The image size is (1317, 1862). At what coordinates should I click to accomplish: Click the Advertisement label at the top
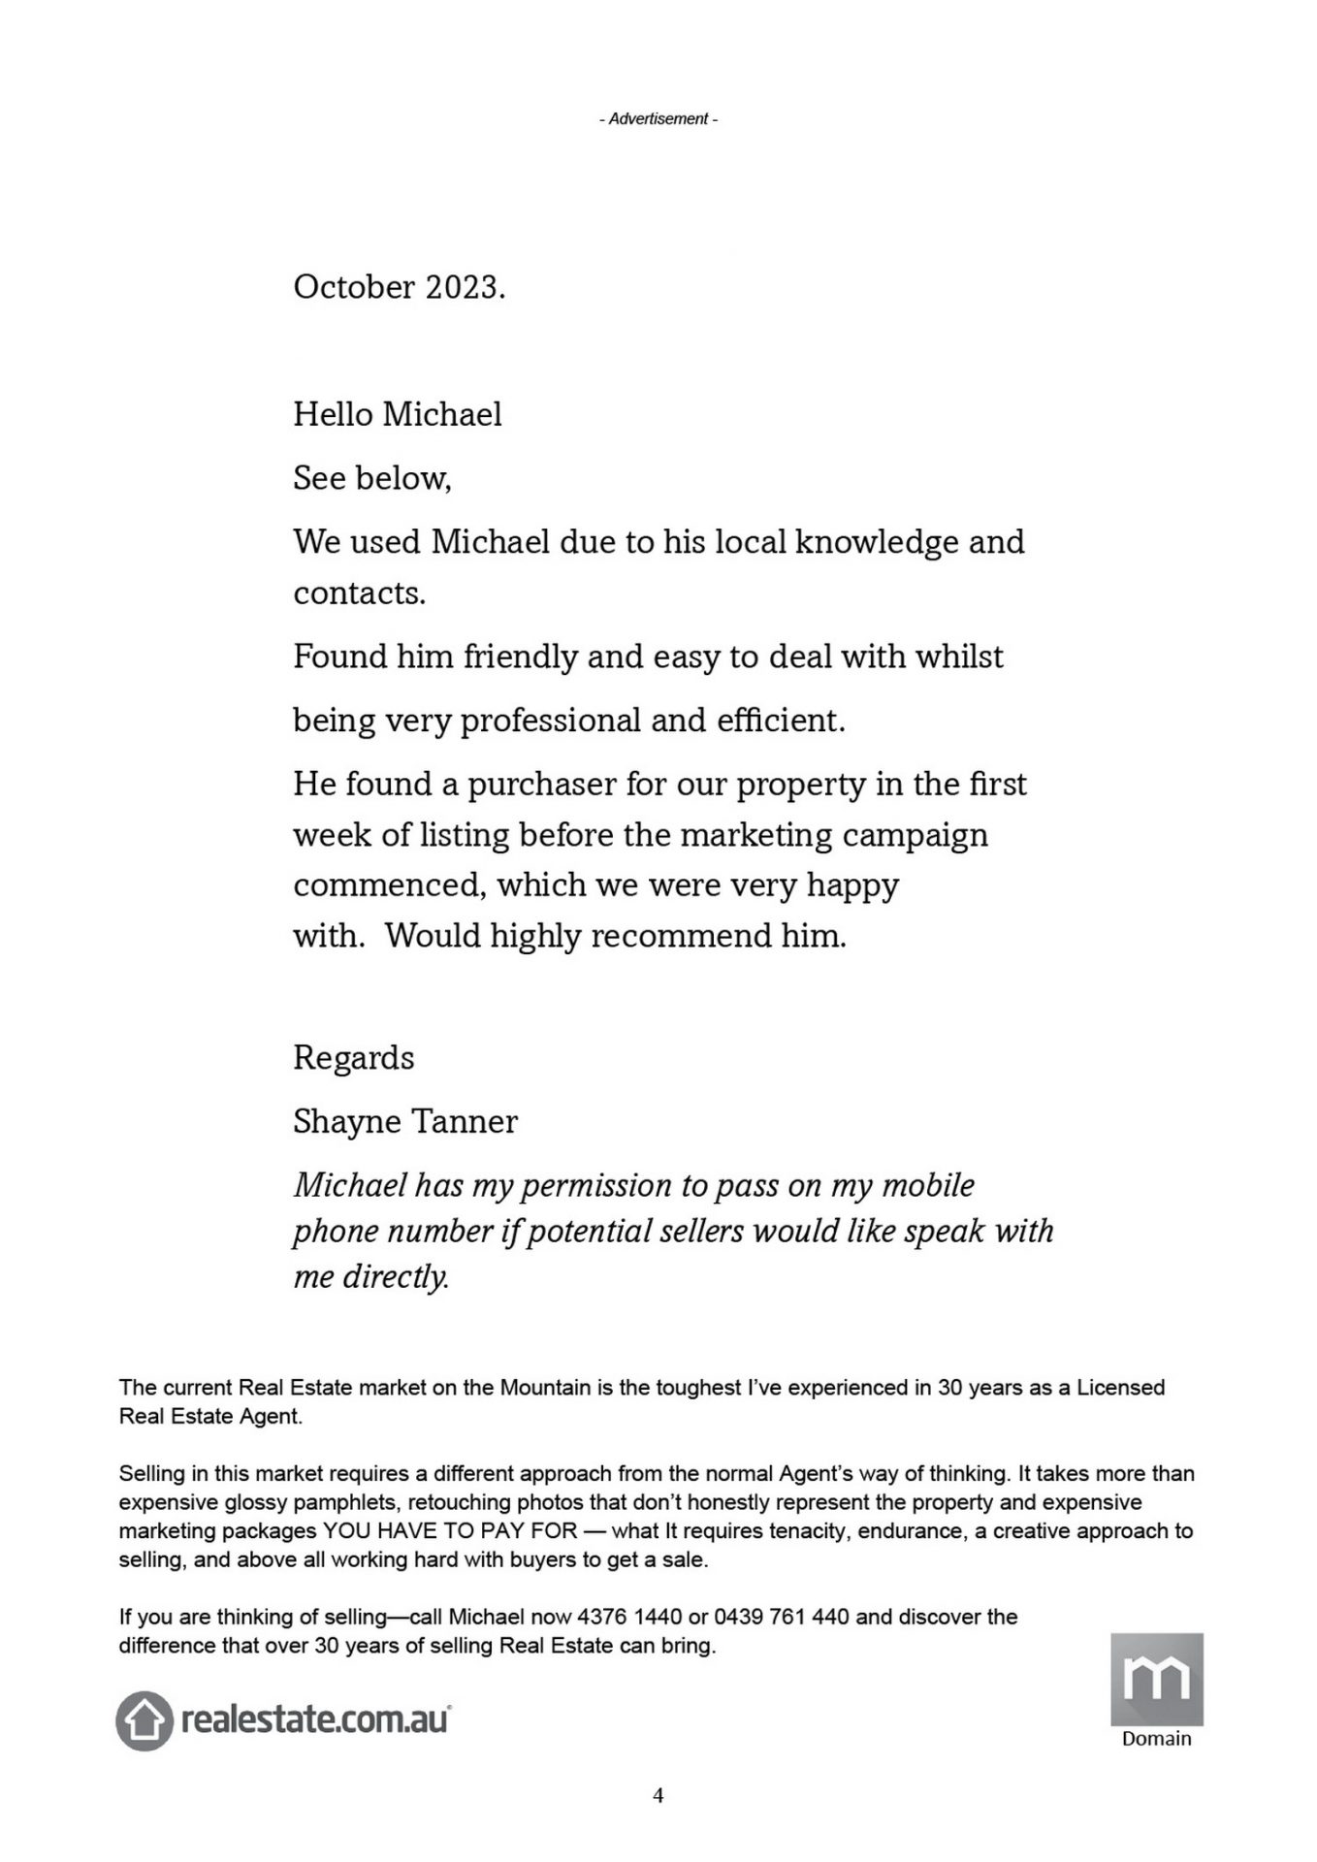pyautogui.click(x=658, y=119)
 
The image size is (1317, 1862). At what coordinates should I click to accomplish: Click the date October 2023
pyautogui.click(x=399, y=288)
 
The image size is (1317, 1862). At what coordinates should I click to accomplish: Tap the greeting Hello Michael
pyautogui.click(x=398, y=415)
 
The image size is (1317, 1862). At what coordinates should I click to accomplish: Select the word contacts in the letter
pyautogui.click(x=359, y=594)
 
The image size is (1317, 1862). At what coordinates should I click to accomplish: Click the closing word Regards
pyautogui.click(x=353, y=1058)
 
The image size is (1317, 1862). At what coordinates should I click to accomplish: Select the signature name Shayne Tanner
pyautogui.click(x=405, y=1122)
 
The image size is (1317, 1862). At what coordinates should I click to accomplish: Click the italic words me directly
pyautogui.click(x=371, y=1277)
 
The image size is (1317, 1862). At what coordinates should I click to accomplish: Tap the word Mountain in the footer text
pyautogui.click(x=545, y=1388)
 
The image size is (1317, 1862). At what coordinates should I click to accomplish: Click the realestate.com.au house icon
pyautogui.click(x=145, y=1721)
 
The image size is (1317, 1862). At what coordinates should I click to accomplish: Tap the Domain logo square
pyautogui.click(x=1156, y=1679)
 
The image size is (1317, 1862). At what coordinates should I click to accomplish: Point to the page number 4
pyautogui.click(x=658, y=1795)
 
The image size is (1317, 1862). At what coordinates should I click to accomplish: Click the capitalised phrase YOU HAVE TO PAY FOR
pyautogui.click(x=450, y=1531)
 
